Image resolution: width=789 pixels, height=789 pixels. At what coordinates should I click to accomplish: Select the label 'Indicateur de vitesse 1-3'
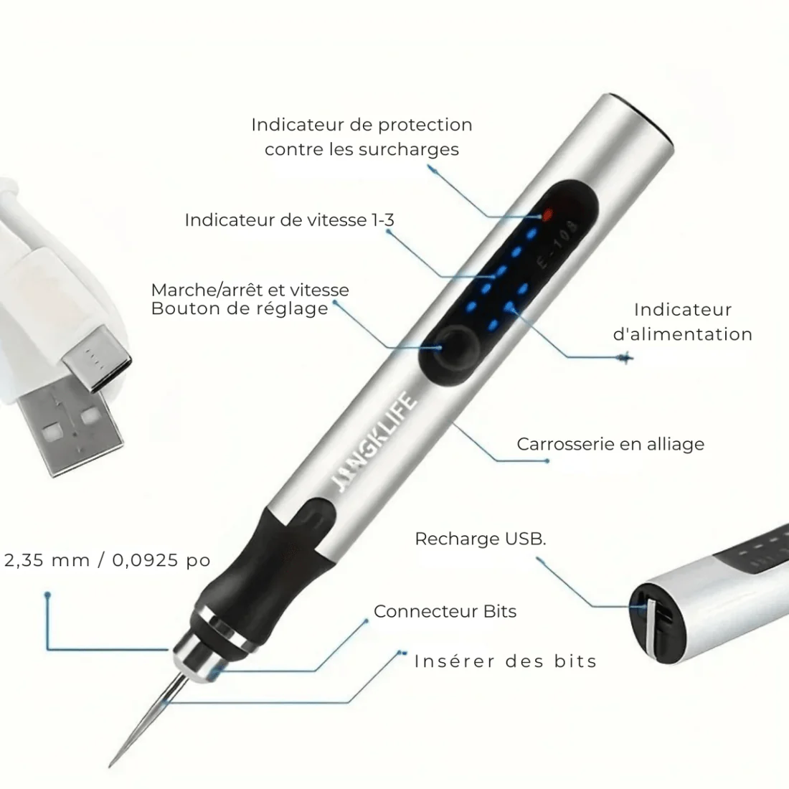tap(289, 220)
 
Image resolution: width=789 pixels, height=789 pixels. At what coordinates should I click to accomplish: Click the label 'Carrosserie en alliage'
tap(610, 444)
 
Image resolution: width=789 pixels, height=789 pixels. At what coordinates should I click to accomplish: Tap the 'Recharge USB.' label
tap(481, 539)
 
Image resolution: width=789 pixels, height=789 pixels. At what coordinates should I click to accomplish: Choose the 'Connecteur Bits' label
tap(445, 611)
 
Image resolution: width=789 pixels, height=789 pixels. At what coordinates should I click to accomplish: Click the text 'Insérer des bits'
tap(505, 661)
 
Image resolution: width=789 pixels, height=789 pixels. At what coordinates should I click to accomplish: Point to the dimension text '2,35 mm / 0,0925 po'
tap(107, 560)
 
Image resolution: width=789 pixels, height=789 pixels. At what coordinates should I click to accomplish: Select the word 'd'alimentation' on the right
tap(682, 334)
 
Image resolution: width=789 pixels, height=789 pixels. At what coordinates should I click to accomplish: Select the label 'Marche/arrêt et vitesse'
tap(250, 290)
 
